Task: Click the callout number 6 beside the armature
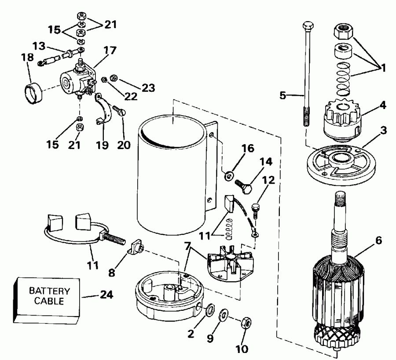pos(379,241)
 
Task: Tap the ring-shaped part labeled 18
pos(31,91)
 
